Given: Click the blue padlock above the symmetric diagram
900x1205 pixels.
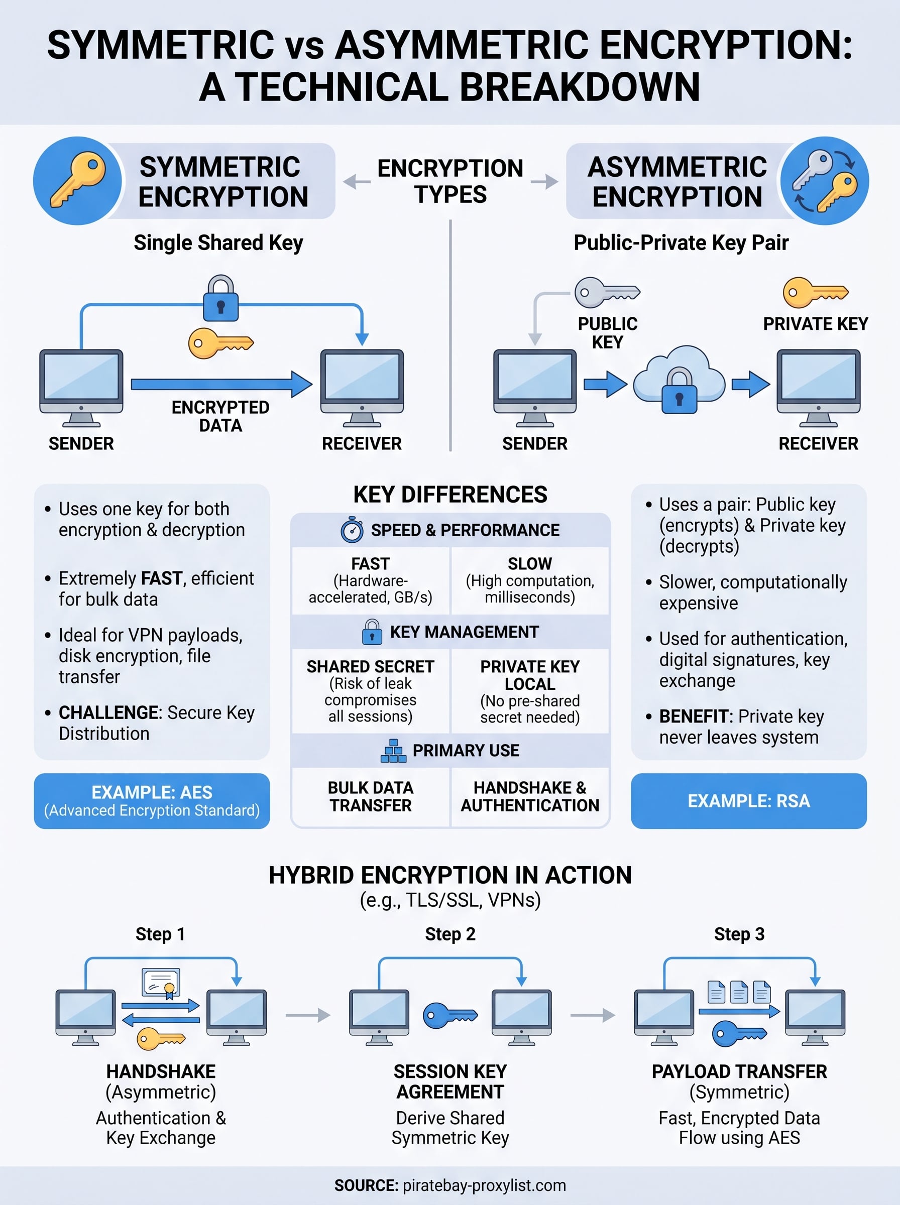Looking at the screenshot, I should coord(220,299).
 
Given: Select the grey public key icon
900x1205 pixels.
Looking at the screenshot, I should coord(606,292).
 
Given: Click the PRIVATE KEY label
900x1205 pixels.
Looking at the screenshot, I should coord(815,324).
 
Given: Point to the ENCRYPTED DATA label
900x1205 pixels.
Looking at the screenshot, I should coord(220,416).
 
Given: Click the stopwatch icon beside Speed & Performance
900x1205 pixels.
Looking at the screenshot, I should coord(352,530).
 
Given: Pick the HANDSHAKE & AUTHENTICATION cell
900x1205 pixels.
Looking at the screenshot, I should coord(529,797).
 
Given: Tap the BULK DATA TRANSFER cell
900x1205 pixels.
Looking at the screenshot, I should coord(371,797).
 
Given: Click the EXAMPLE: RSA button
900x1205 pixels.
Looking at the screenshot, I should coord(748,801).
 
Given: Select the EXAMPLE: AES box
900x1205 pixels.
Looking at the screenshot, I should coord(152,801).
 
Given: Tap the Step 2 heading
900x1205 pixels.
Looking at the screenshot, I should coord(450,934).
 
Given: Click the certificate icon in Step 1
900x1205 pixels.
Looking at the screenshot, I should coord(161,984).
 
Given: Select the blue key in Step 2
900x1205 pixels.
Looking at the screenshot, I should coord(450,1016).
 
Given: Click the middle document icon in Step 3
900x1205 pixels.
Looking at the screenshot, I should coord(739,992).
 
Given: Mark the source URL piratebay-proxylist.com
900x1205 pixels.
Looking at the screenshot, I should coord(484,1185).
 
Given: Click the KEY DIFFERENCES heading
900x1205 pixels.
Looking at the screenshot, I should coord(450,495).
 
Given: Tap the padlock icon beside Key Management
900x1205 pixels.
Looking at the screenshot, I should coord(372,632).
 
